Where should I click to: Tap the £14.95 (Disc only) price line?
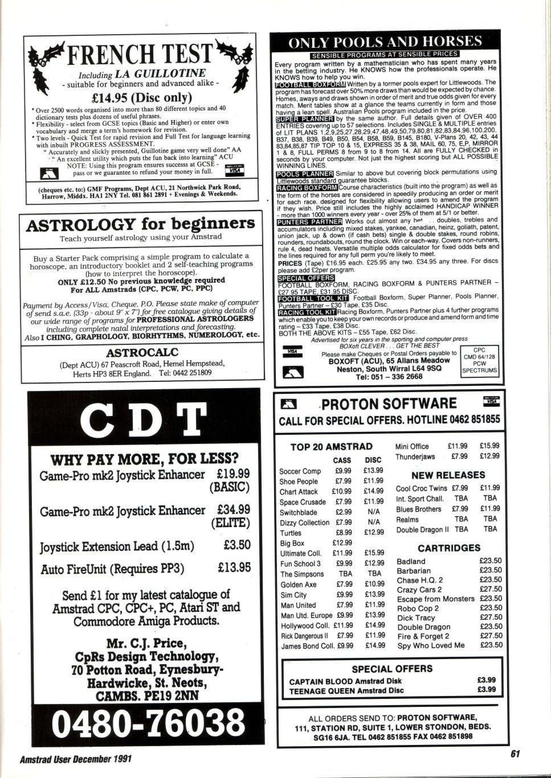(x=140, y=97)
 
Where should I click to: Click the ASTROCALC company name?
(x=142, y=352)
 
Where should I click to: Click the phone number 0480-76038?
(x=148, y=723)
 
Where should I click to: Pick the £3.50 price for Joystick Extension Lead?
(x=237, y=545)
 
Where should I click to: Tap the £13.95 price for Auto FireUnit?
(x=234, y=567)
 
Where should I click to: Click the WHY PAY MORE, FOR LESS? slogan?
(x=144, y=459)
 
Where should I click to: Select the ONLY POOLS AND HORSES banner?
(x=385, y=42)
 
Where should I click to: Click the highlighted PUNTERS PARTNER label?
(x=309, y=221)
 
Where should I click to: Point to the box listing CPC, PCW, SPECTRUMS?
(x=480, y=361)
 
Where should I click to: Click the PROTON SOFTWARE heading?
(x=389, y=404)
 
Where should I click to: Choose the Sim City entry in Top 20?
(x=293, y=595)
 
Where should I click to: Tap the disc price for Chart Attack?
(x=374, y=491)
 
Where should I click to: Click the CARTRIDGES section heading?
(x=449, y=548)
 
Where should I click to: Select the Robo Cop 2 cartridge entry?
(x=418, y=608)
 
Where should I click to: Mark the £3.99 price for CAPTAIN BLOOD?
(x=486, y=680)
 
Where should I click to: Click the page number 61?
(x=515, y=754)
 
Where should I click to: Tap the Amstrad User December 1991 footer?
(x=76, y=759)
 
